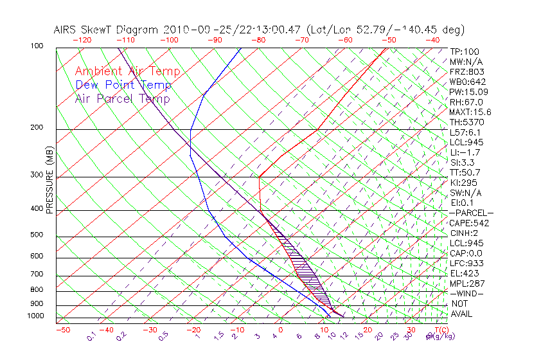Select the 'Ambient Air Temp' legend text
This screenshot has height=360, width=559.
(x=127, y=71)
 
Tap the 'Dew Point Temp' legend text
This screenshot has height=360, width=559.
(x=123, y=85)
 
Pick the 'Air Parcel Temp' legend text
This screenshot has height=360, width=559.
(x=123, y=98)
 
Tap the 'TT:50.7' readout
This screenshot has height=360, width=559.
(x=466, y=172)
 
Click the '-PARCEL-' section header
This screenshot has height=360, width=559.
(x=471, y=213)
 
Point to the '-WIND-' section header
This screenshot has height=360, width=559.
(x=467, y=293)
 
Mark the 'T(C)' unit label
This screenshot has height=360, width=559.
(x=441, y=330)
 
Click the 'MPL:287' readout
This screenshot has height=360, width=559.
(x=467, y=283)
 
